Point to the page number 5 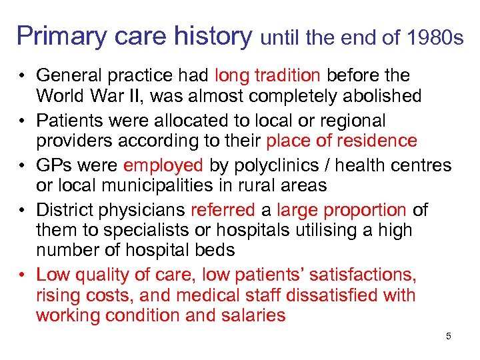coord(449,336)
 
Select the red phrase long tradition coord(268,75)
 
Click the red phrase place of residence coord(341,141)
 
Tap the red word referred coord(223,210)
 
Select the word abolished coord(380,95)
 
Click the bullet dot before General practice coord(23,76)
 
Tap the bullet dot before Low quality coord(23,275)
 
